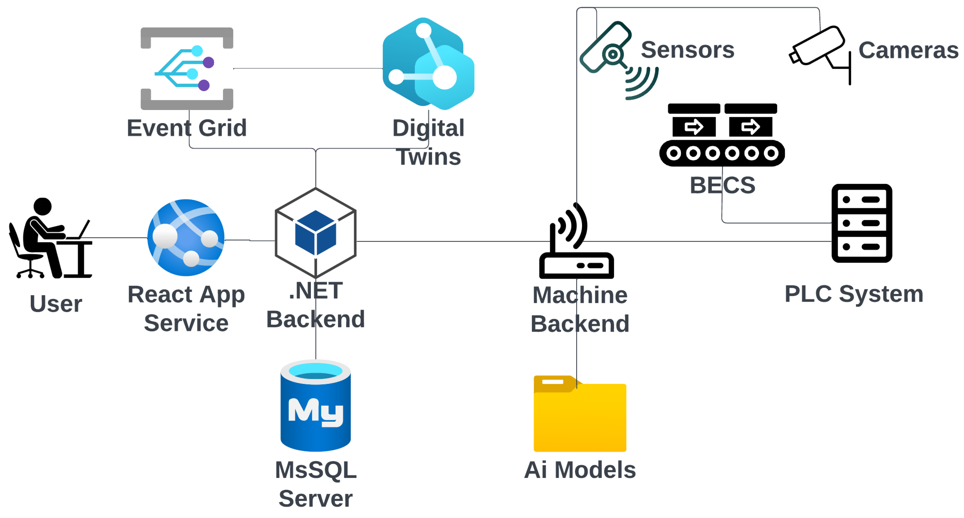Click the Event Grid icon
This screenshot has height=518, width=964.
click(187, 68)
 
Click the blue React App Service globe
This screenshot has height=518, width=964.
click(186, 238)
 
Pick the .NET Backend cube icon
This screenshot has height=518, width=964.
click(316, 233)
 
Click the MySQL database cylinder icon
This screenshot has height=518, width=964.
click(316, 406)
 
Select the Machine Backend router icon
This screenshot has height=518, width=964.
click(576, 243)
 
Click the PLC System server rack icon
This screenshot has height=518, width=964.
click(862, 223)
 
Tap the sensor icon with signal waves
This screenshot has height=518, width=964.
click(617, 60)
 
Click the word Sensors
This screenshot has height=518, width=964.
click(687, 50)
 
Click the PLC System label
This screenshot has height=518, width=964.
click(854, 294)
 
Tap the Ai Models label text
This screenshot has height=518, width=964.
click(580, 470)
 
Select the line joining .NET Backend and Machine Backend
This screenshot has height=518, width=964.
click(449, 241)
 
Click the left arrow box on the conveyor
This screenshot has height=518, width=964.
click(694, 127)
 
